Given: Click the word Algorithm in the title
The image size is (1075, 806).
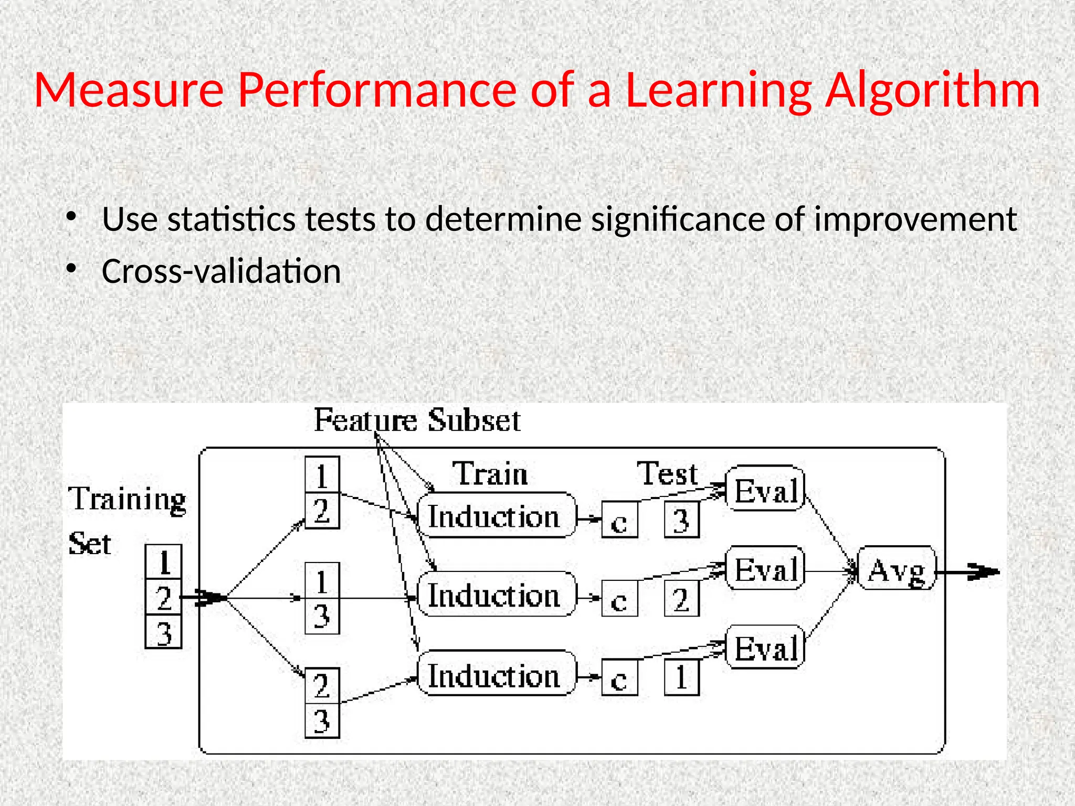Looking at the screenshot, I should (x=932, y=90).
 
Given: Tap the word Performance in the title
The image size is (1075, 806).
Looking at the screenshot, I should (x=377, y=90).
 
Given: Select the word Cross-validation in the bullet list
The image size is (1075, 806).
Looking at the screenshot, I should (x=221, y=272).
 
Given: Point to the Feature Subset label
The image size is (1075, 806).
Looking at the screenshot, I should (x=417, y=421).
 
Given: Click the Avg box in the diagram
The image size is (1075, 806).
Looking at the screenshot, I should (x=896, y=569).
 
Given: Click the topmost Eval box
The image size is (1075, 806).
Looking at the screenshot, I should (x=765, y=489).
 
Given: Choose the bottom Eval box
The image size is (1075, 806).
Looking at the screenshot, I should (x=765, y=647).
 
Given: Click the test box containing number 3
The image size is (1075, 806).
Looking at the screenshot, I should (x=681, y=520).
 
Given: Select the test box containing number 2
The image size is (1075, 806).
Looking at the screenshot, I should (x=681, y=599).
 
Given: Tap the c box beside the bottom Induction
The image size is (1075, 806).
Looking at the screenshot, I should (x=619, y=678).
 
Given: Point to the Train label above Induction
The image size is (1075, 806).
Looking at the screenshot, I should (x=490, y=474).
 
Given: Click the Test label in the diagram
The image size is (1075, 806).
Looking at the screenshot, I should (x=667, y=474).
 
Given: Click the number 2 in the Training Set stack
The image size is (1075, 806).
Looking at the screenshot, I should (x=163, y=597).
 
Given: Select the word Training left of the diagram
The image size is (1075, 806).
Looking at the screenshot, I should (x=127, y=500).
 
